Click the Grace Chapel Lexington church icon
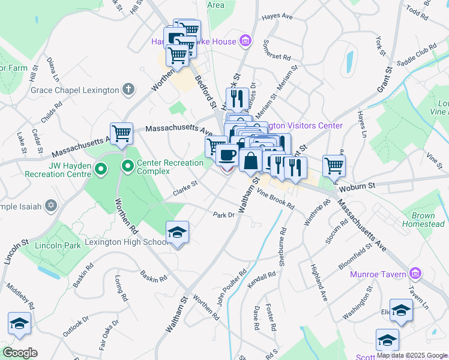127,90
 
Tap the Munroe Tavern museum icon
414,274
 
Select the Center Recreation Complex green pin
128,165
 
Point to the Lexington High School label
127,242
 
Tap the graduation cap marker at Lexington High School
177,232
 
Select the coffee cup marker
226,155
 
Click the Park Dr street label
223,214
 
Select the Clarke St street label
185,188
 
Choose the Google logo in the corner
20,353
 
